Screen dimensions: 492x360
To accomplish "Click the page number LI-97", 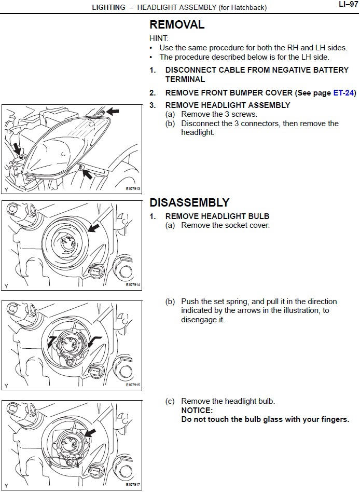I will (346, 5).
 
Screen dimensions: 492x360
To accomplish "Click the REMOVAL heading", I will (177, 24).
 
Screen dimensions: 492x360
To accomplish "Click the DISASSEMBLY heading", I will (189, 202).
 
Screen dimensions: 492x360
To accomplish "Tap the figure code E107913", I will (133, 189).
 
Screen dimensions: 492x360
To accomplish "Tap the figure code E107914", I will (133, 285).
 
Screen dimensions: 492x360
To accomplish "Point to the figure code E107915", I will (133, 385).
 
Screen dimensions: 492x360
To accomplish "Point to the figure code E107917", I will (133, 485).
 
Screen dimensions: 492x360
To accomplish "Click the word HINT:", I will (159, 38).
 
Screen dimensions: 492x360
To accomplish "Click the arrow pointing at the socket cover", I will (94, 227).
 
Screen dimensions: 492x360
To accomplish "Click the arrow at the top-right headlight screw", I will (112, 111).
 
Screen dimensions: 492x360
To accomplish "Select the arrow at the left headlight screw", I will (17, 148).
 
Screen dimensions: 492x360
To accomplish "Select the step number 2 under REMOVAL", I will (153, 93).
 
